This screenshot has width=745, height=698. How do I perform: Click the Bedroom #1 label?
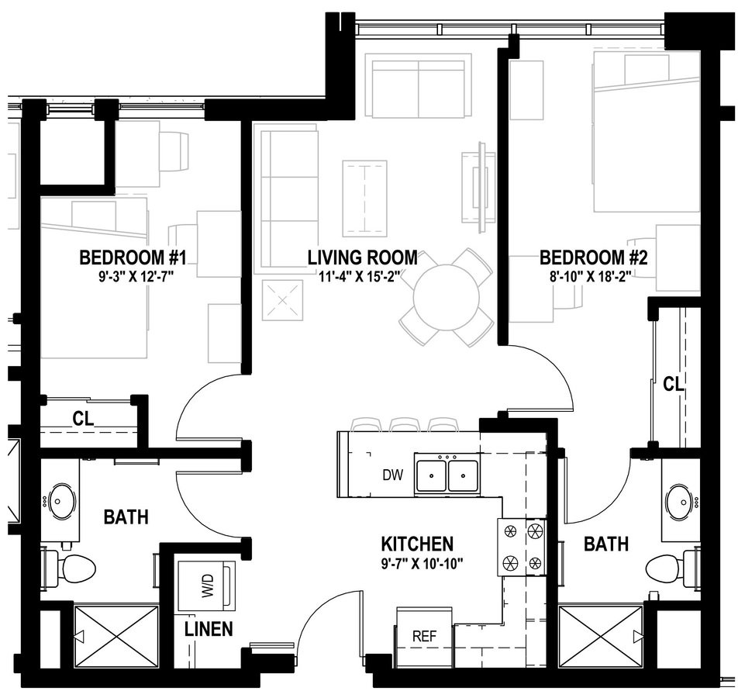click(x=133, y=258)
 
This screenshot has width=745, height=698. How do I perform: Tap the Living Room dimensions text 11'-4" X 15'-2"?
click(x=363, y=276)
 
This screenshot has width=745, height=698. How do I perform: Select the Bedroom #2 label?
click(x=593, y=258)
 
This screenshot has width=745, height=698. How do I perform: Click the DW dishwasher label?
click(x=392, y=475)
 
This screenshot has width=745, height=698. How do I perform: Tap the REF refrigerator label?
click(x=424, y=636)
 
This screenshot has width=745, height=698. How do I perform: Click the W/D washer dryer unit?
click(x=207, y=586)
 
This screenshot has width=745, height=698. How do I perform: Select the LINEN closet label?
click(x=209, y=629)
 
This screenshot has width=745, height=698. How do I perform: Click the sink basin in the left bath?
click(x=58, y=501)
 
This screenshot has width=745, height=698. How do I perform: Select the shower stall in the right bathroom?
click(x=602, y=638)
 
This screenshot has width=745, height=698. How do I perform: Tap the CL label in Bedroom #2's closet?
click(x=673, y=384)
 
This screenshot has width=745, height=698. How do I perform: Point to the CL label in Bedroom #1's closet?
click(x=83, y=419)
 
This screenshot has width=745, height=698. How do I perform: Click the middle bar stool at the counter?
click(x=405, y=424)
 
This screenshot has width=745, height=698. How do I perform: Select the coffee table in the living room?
click(x=364, y=199)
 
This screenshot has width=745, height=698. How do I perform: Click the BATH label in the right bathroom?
click(x=606, y=544)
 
